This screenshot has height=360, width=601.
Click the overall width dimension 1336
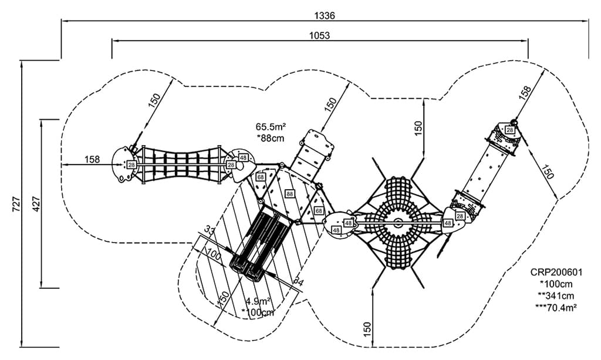325,14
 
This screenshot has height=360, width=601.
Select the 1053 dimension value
319,35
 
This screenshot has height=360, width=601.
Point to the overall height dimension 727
16,203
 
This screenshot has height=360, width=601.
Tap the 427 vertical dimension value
35,203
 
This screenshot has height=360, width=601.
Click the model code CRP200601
555,272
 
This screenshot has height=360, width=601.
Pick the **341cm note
555,295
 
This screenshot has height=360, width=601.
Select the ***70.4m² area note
555,306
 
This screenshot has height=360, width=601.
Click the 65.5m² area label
270,126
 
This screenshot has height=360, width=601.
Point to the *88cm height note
270,138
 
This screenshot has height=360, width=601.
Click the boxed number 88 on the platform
289,194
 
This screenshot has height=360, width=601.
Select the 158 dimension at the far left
92,159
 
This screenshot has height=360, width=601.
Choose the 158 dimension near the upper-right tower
524,92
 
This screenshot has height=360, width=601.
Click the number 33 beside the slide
208,230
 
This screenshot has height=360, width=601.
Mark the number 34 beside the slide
298,282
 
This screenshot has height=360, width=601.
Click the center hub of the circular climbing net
398,222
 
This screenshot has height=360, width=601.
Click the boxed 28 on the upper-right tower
510,130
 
